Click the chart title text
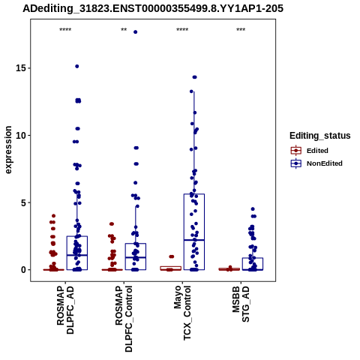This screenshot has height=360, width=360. click(153, 9)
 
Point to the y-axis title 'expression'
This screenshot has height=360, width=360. click(8, 150)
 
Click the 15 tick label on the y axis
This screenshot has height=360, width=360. click(21, 68)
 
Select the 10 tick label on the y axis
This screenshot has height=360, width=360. click(21, 135)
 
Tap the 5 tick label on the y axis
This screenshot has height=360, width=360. click(24, 202)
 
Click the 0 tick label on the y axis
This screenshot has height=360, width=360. click(24, 270)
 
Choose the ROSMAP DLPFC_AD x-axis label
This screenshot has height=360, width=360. click(65, 310)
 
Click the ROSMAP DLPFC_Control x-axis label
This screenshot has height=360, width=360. click(124, 319)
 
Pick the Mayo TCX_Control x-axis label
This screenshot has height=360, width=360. click(182, 313)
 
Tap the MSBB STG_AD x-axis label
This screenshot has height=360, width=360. click(241, 304)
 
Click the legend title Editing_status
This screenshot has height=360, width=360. click(320, 136)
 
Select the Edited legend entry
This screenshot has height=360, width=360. click(310, 151)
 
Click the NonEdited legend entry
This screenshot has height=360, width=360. click(316, 163)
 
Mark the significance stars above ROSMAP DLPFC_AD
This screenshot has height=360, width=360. click(65, 30)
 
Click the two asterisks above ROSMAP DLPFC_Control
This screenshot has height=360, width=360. click(124, 30)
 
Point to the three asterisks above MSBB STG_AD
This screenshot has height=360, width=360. click(241, 30)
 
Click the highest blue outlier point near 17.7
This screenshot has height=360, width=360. click(136, 32)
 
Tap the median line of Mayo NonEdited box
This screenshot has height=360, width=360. click(194, 240)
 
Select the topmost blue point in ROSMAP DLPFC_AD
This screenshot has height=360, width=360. click(77, 66)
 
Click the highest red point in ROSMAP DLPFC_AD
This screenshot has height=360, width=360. click(53, 216)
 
